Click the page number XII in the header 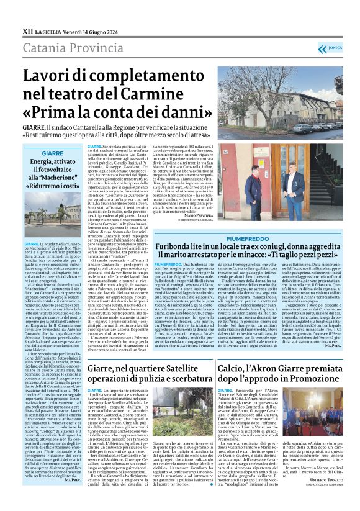27,30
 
